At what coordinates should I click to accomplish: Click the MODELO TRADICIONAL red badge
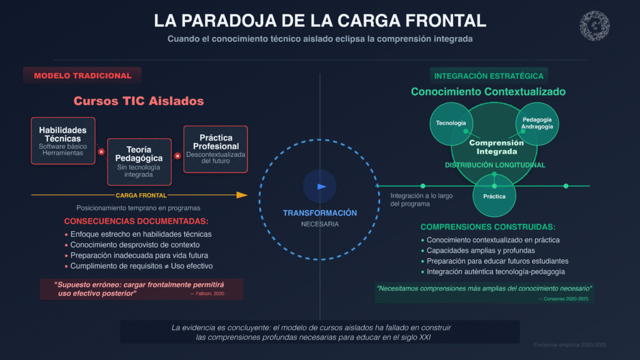[x=82, y=76]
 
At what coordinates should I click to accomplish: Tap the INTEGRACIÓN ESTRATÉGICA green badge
[x=489, y=76]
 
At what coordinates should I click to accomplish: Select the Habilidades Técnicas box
[x=63, y=141]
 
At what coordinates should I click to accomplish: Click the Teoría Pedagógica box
[x=139, y=162]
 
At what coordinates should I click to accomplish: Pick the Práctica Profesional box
[x=216, y=149]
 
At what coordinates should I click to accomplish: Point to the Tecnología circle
[x=451, y=123]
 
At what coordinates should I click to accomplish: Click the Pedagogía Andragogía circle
[x=536, y=123]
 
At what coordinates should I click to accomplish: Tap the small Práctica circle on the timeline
[x=494, y=196]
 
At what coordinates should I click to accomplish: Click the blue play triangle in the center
[x=321, y=186]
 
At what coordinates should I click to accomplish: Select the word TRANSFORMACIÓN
[x=320, y=213]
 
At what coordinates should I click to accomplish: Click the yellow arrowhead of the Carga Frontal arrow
[x=242, y=195]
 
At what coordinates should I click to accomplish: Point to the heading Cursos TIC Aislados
[x=139, y=101]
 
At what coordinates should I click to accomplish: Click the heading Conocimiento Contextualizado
[x=488, y=92]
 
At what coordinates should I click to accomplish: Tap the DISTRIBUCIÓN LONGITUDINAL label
[x=495, y=165]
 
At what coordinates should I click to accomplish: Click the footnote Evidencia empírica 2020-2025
[x=569, y=345]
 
